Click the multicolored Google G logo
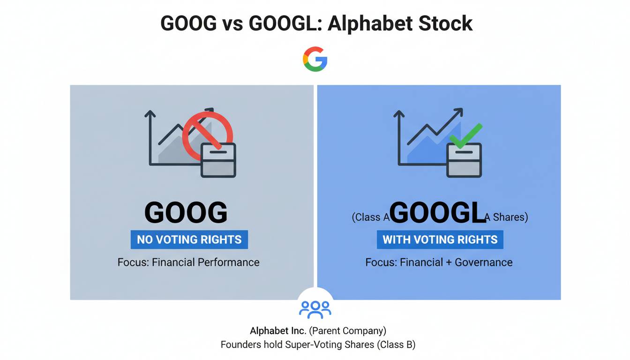315,59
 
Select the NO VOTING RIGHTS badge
189,240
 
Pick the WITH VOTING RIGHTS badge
440,240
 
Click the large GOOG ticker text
186,213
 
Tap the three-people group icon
315,308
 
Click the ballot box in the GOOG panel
218,160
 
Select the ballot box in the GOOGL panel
464,160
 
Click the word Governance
484,262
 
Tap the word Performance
229,262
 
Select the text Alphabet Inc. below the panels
278,331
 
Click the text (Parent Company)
347,331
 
